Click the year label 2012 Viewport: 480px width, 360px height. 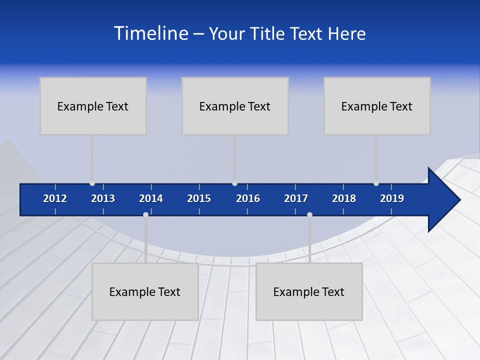pyautogui.click(x=55, y=198)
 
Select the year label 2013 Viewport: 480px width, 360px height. pyautogui.click(x=103, y=198)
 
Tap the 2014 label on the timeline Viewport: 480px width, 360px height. pyautogui.click(x=151, y=198)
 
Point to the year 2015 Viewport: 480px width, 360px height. pyautogui.click(x=199, y=198)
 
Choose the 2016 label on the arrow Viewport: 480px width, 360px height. pyautogui.click(x=248, y=198)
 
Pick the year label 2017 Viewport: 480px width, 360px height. pyautogui.click(x=296, y=198)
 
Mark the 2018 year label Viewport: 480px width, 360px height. pyautogui.click(x=344, y=198)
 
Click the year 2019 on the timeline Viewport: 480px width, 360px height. pyautogui.click(x=392, y=198)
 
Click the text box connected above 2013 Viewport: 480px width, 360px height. pyautogui.click(x=93, y=106)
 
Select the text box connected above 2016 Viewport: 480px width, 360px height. pyautogui.click(x=235, y=106)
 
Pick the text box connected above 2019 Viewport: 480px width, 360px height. pyautogui.click(x=377, y=106)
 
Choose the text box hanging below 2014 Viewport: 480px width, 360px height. pyautogui.click(x=145, y=291)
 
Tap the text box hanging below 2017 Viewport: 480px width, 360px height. pyautogui.click(x=309, y=291)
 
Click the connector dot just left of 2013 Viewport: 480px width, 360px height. pyautogui.click(x=92, y=183)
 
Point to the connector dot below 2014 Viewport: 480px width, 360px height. pyautogui.click(x=145, y=214)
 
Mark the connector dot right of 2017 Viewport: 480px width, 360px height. pyautogui.click(x=309, y=214)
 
